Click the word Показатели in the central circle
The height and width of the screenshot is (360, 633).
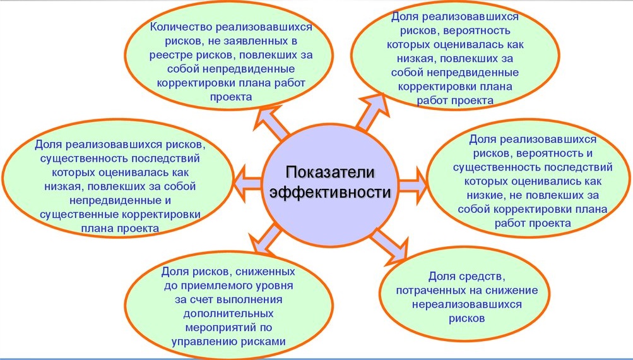[330, 172]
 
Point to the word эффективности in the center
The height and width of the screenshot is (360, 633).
[330, 192]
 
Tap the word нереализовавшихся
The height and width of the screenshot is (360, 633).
[466, 304]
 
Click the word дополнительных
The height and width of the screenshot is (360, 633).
[228, 313]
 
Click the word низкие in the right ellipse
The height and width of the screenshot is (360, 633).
[485, 195]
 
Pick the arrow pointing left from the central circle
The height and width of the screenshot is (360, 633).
[247, 178]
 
